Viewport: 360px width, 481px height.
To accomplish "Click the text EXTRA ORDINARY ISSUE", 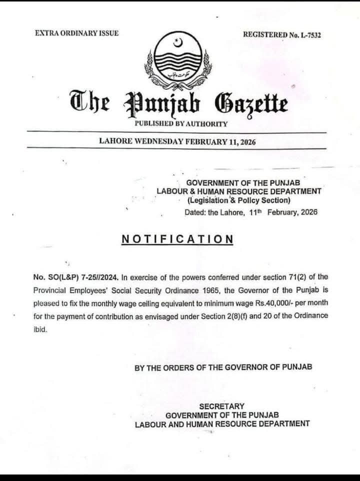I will pyautogui.click(x=76, y=33).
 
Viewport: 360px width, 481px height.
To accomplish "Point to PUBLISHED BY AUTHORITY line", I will pyautogui.click(x=181, y=123).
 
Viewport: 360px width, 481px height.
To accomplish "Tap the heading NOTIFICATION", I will pyautogui.click(x=177, y=239).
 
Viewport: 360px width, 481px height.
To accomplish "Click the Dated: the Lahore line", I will pyautogui.click(x=251, y=212).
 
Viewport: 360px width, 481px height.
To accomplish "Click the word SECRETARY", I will pyautogui.click(x=222, y=406).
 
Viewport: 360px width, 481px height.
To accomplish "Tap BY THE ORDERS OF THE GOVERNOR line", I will pyautogui.click(x=223, y=367).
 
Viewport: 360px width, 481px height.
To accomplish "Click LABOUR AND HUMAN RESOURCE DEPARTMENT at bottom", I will pyautogui.click(x=222, y=424).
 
